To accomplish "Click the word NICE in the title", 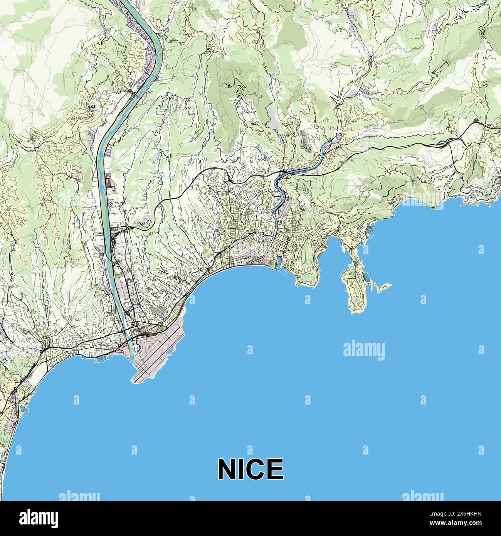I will click(x=250, y=469).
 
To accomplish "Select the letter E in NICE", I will click(x=275, y=469).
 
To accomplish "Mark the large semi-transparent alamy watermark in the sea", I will click(x=364, y=350).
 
